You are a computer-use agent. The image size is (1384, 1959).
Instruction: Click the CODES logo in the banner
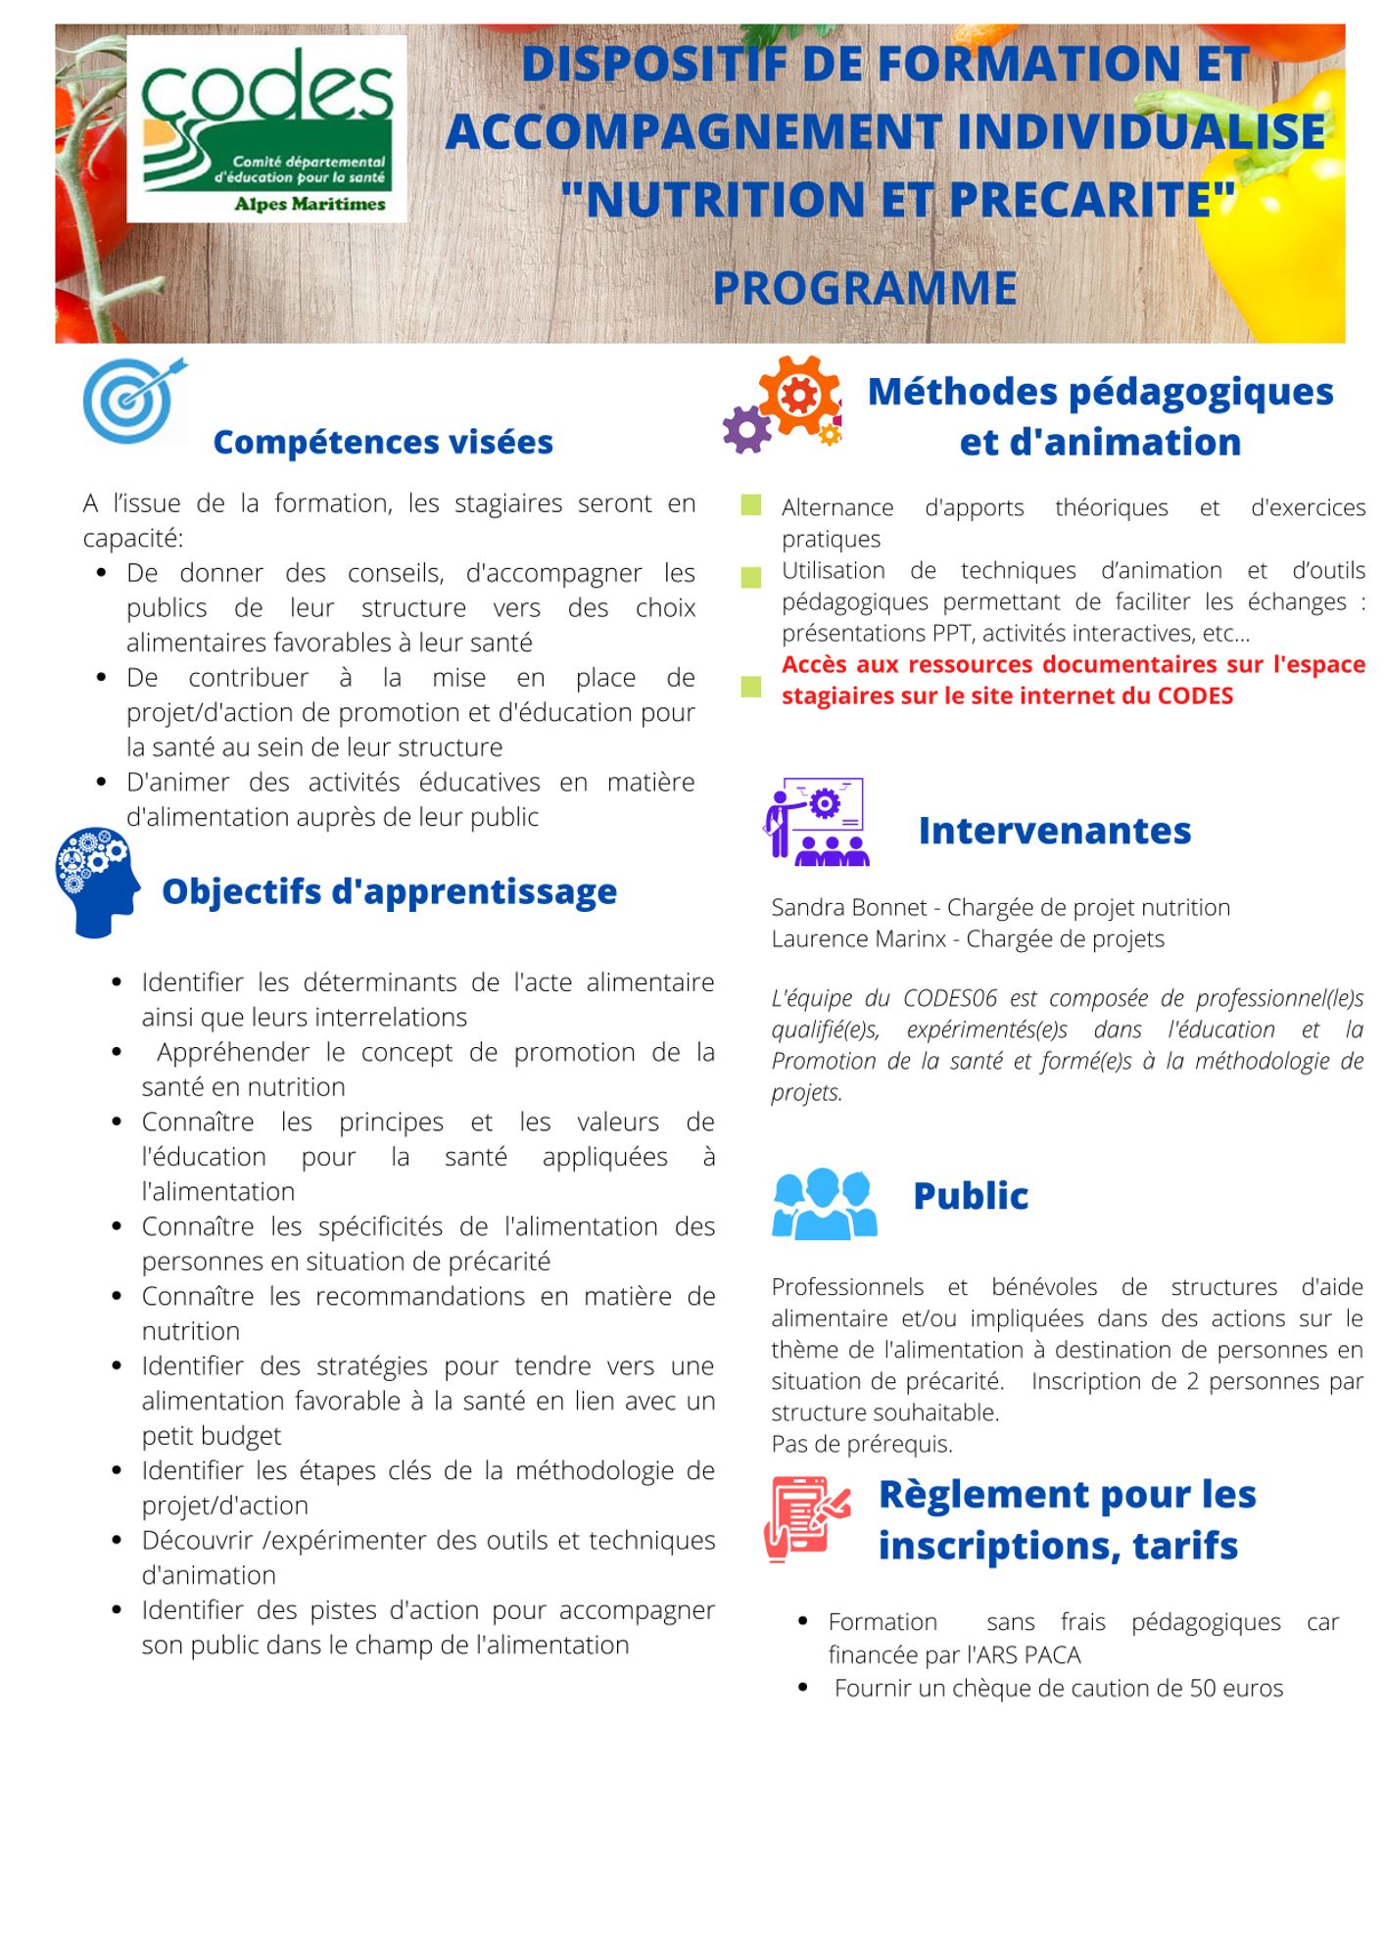[x=266, y=129]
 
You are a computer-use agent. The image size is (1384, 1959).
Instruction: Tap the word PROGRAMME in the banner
[x=864, y=288]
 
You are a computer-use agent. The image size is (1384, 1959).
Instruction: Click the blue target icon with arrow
[x=133, y=400]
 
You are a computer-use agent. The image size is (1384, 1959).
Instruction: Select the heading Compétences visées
[x=383, y=442]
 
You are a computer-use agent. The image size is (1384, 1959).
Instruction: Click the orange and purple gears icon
[x=783, y=404]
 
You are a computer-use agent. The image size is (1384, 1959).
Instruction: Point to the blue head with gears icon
[x=96, y=881]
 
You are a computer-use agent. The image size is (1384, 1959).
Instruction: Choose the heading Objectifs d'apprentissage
[x=389, y=891]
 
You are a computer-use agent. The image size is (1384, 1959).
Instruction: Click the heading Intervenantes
[x=1054, y=831]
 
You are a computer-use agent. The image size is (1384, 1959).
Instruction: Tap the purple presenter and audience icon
[x=815, y=822]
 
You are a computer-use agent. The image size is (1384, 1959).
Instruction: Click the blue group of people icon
[x=824, y=1203]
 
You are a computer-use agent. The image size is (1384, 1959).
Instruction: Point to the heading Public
[x=970, y=1196]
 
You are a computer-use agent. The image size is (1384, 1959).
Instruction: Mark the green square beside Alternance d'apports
[x=751, y=505]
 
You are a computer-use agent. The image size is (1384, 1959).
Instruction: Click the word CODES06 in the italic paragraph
[x=949, y=998]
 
